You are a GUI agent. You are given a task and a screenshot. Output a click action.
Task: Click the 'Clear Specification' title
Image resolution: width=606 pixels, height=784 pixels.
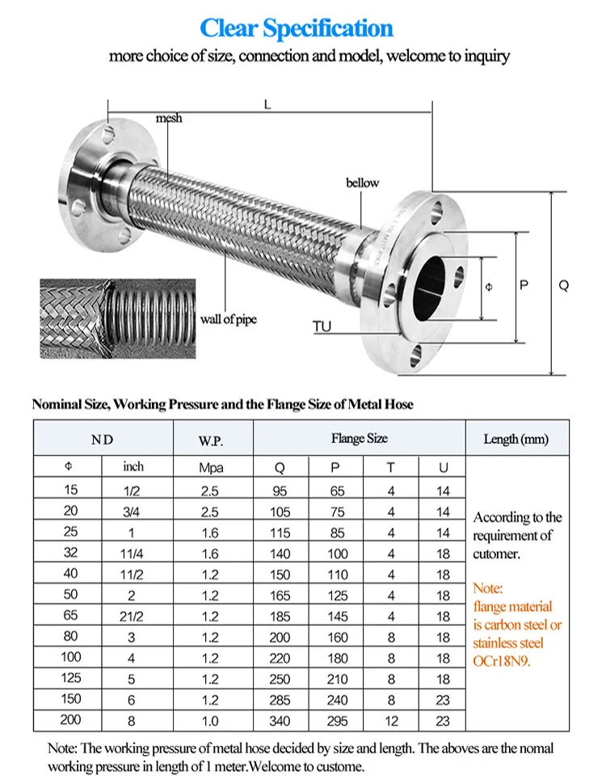[297, 28]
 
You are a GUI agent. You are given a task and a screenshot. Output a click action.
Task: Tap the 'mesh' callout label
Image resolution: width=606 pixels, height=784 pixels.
[169, 118]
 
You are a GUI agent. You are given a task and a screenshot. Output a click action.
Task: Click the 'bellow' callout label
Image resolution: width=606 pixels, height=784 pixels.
[362, 183]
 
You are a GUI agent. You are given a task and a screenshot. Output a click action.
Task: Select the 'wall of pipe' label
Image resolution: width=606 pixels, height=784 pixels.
[229, 319]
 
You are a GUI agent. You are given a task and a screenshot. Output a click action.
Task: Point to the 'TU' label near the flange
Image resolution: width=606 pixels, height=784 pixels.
[322, 327]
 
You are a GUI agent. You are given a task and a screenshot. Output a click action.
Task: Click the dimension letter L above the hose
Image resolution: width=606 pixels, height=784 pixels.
[267, 103]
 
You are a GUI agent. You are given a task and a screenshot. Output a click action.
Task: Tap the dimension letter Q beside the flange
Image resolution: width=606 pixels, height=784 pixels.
[564, 285]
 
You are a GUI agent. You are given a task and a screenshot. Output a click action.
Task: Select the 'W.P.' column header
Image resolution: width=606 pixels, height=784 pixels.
[212, 440]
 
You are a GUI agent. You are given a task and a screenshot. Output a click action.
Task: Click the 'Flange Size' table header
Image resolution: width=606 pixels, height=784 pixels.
[359, 438]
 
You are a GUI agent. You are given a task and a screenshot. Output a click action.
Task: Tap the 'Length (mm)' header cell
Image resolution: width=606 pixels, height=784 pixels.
[516, 439]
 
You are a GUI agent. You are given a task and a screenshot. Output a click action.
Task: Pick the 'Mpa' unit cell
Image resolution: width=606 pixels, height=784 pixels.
[212, 468]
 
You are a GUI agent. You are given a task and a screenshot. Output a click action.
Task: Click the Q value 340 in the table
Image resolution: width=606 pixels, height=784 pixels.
[280, 721]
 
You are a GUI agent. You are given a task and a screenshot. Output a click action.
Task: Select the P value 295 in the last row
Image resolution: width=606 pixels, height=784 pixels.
[338, 721]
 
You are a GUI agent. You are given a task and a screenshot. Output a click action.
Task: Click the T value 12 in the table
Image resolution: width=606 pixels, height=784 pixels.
[391, 721]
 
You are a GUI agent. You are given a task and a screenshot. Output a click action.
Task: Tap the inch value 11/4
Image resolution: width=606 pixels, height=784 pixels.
[133, 554]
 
